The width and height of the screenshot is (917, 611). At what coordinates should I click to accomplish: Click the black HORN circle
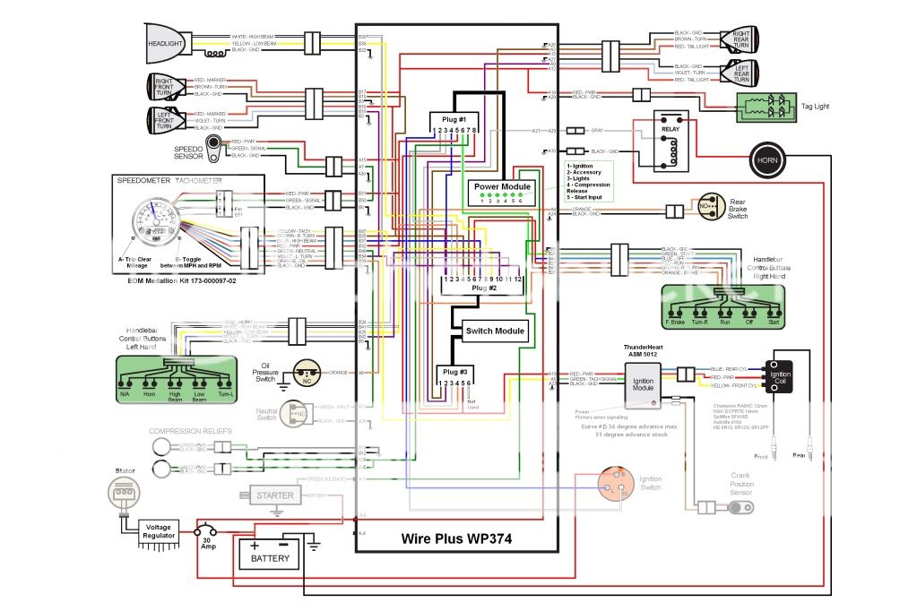767,160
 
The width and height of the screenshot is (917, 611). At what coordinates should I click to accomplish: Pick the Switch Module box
495,331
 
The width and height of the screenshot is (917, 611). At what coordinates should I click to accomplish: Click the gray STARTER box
274,495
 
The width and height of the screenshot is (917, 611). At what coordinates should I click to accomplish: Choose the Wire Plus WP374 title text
457,538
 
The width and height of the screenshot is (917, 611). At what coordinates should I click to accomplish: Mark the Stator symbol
124,492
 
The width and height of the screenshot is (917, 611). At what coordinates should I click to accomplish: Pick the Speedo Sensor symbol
215,150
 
